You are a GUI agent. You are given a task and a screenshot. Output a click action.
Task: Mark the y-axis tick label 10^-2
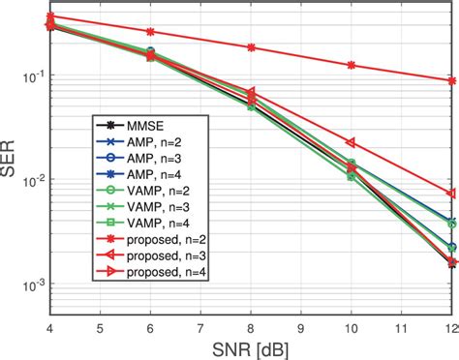pyautogui.click(x=29, y=180)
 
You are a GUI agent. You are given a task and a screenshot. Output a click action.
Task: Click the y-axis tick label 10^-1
pyautogui.click(x=29, y=75)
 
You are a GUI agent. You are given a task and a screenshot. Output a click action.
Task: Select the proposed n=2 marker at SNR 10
pyautogui.click(x=352, y=65)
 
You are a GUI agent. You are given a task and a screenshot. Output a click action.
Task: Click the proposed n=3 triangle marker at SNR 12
pyautogui.click(x=452, y=193)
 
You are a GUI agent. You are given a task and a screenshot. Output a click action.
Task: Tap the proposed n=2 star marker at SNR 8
pyautogui.click(x=251, y=46)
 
